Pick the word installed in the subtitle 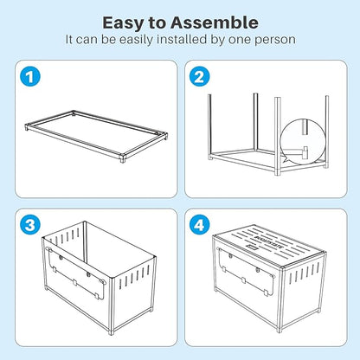(176, 40)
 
